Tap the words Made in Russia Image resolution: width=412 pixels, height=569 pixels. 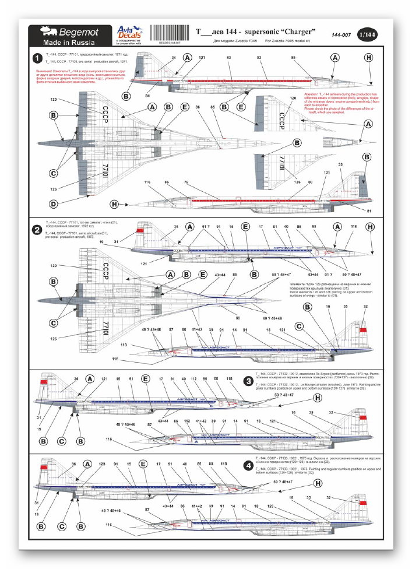point(66,43)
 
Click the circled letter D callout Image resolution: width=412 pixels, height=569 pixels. point(54,204)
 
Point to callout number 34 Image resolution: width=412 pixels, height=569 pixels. point(174,58)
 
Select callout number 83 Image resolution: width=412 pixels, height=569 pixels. point(228,58)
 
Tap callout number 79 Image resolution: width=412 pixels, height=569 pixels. point(186,183)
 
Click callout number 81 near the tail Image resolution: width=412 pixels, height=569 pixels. point(369,210)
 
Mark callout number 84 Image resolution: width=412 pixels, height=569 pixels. point(147,95)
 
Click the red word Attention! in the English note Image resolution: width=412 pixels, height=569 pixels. point(312,93)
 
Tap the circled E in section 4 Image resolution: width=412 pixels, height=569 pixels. point(143,465)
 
